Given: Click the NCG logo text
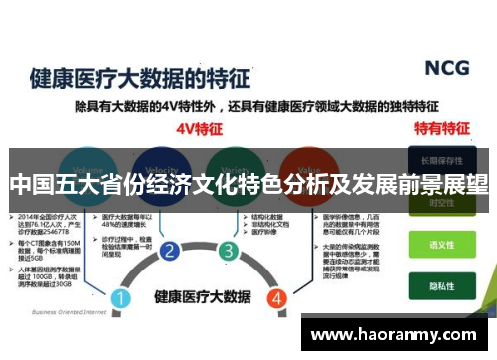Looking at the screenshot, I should [x=446, y=67].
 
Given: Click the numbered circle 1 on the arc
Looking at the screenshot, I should [x=120, y=270].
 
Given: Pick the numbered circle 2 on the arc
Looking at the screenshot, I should [x=169, y=250].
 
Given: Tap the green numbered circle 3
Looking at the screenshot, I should [x=228, y=250].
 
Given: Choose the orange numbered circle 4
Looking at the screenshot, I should [x=276, y=270].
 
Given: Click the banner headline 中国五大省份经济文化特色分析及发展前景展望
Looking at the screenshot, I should [x=248, y=185].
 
